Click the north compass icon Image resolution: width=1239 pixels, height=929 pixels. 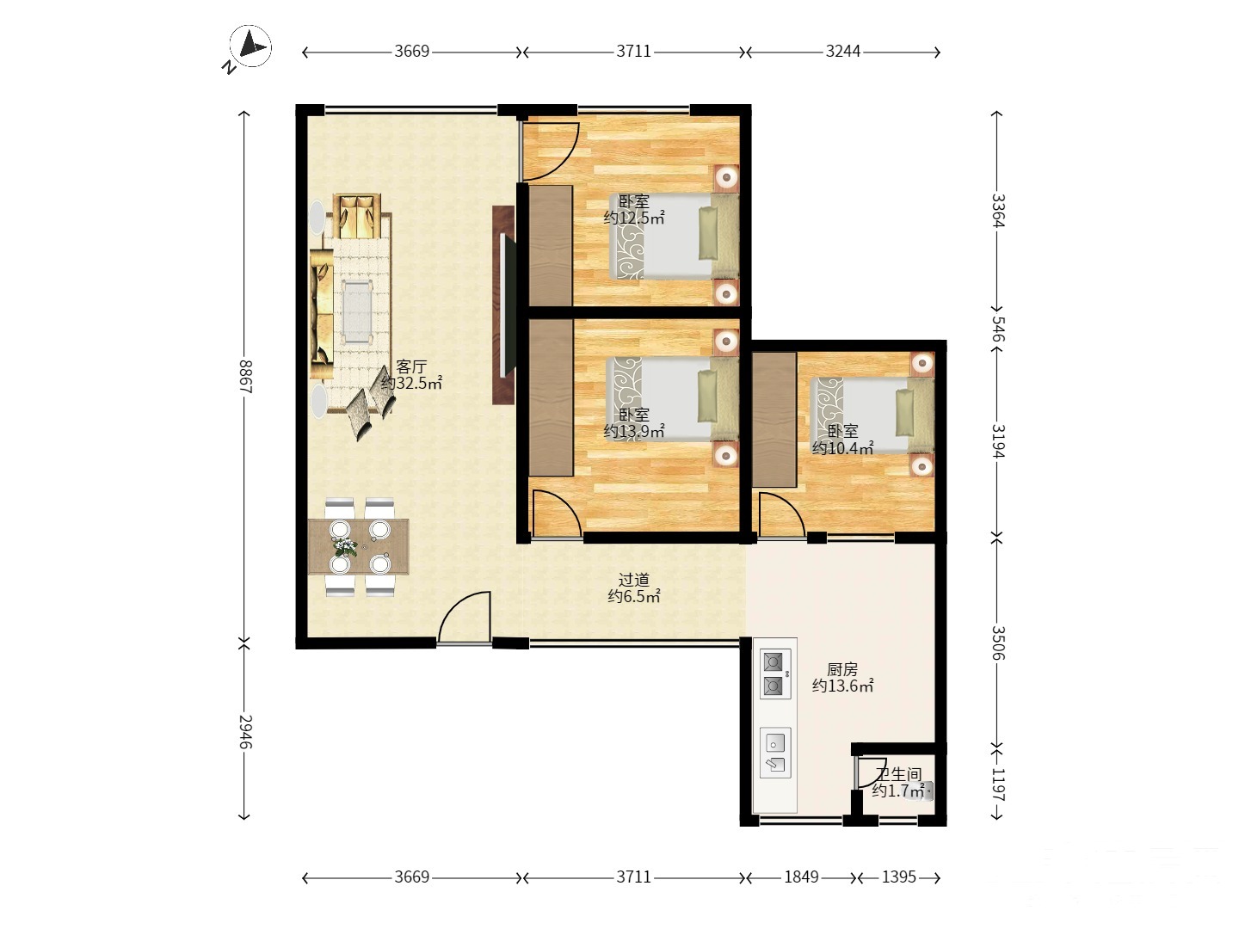250,47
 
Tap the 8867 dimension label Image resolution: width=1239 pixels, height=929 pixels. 245,376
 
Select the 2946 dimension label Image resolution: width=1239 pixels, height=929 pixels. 245,731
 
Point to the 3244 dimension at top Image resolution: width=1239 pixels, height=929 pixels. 842,52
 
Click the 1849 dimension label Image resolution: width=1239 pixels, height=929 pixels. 801,877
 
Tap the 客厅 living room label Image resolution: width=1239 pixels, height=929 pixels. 411,366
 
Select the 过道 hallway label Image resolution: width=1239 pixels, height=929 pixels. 634,580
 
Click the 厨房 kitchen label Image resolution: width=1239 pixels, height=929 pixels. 842,669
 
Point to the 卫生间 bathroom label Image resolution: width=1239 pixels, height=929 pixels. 898,774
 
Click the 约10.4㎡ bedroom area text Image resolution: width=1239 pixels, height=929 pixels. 842,448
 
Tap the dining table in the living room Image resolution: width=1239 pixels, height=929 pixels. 359,546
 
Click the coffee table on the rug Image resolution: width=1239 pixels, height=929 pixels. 358,312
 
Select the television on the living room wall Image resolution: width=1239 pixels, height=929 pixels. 508,305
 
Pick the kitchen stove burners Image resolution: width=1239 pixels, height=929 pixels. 774,674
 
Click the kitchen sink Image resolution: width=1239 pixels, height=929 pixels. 774,753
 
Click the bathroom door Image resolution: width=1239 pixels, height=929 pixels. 863,772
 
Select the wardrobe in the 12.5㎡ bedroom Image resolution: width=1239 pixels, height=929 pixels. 551,246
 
